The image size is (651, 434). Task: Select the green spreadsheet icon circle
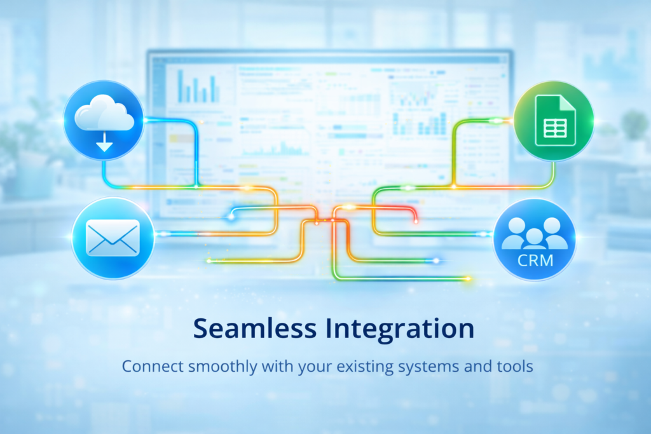pyautogui.click(x=553, y=121)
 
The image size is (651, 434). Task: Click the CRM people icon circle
pyautogui.click(x=535, y=240)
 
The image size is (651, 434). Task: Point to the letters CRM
pyautogui.click(x=535, y=259)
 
